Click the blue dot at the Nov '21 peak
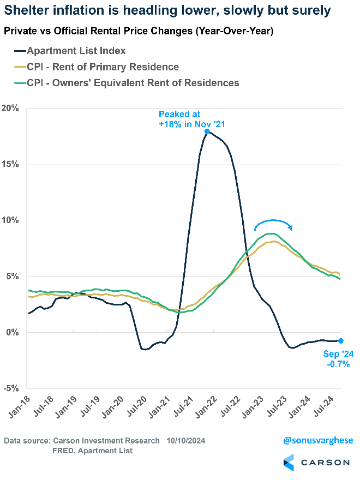tap(207, 131)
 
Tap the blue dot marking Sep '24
tap(341, 340)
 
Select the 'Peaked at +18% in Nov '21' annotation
tap(191, 119)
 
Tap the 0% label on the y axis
tap(13, 332)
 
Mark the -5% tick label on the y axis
tap(11, 388)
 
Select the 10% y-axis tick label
tap(11, 220)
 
